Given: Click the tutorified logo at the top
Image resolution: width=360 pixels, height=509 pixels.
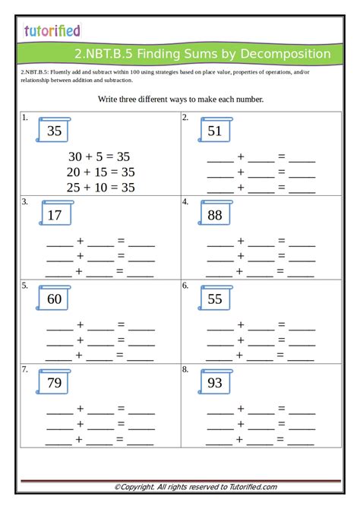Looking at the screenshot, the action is pos(52,30).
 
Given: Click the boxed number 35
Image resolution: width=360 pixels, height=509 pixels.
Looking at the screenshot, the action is pos(54,131).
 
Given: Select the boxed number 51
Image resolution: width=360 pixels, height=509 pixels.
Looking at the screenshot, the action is pos(215,131).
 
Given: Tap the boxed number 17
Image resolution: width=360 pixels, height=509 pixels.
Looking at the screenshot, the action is pos(54,215).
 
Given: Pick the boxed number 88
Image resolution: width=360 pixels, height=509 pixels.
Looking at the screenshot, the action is pos(215,215).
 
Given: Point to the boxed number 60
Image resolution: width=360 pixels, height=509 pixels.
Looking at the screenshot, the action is pos(54,299).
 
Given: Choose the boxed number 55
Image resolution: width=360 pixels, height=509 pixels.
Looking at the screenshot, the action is pos(215,299).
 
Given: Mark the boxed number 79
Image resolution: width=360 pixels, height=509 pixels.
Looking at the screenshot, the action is pos(54,383).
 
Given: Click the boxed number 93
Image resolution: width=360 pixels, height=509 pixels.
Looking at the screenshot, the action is pos(215,383).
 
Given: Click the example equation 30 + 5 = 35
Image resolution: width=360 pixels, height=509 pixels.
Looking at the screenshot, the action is pos(100,156).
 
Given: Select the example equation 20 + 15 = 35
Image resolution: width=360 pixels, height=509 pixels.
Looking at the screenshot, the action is pos(100,172).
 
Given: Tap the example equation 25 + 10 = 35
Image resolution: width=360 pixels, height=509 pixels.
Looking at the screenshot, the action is pos(100,187).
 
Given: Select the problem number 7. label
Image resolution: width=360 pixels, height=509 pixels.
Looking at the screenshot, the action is pos(25,369).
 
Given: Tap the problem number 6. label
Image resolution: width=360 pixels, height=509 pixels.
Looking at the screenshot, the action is pos(185,286).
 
